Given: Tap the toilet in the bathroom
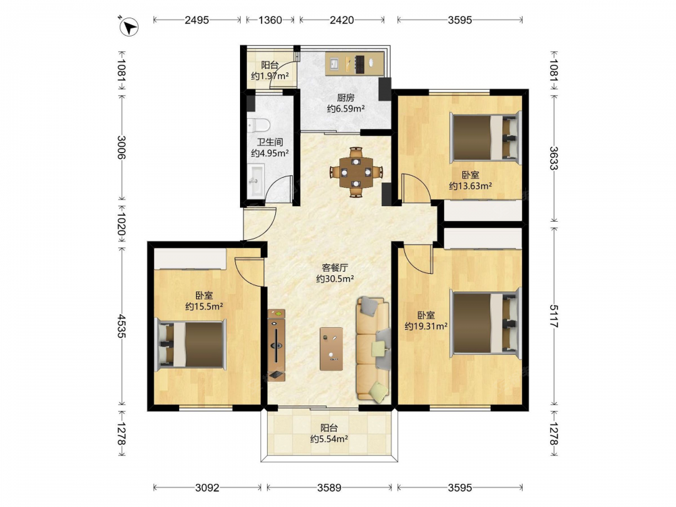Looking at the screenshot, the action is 258,124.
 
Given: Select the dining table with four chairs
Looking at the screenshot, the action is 356,172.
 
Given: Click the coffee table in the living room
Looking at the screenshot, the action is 331,349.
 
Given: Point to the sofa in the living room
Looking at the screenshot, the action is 373,349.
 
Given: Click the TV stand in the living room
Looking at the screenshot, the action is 276,345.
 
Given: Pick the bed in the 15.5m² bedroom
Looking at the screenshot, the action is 191,344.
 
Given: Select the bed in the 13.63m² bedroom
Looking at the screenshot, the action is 485,137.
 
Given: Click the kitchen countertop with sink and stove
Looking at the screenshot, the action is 354,64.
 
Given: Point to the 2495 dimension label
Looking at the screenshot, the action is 197,20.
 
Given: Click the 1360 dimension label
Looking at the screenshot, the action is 270,20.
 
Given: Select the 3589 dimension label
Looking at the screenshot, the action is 329,487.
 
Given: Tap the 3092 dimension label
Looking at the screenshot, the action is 207,487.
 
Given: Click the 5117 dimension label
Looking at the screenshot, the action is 554,316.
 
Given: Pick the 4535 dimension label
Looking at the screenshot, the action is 122,326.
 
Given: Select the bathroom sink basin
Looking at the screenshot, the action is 256,180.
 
